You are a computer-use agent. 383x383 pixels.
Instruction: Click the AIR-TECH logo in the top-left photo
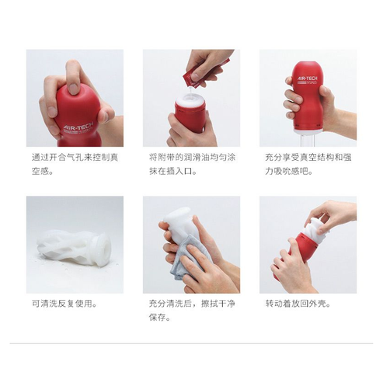(x=78, y=127)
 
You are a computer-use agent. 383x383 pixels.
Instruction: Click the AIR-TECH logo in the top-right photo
(x=307, y=78)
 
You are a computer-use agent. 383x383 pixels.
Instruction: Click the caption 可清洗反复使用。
(x=64, y=303)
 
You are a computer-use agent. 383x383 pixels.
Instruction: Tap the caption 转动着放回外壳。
(x=298, y=303)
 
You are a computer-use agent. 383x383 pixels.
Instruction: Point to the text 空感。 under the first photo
(x=43, y=171)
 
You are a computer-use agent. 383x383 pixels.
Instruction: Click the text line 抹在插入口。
(x=172, y=171)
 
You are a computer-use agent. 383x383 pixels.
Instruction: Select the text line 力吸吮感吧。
(x=289, y=171)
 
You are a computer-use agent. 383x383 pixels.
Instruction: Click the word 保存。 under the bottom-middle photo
(x=160, y=317)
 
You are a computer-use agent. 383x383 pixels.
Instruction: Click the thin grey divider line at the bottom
(x=191, y=343)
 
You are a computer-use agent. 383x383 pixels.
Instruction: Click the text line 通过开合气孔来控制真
(x=75, y=157)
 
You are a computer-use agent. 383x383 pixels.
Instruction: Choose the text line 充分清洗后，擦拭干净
(x=192, y=303)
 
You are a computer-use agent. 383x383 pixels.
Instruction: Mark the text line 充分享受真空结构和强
(x=308, y=157)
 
